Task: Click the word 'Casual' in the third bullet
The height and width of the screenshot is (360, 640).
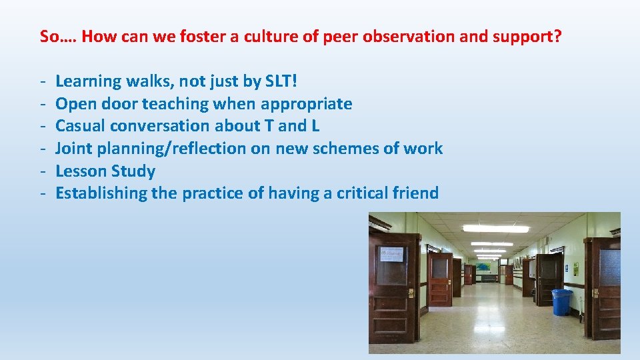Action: coord(80,126)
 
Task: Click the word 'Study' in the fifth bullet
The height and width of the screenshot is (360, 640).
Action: coord(136,171)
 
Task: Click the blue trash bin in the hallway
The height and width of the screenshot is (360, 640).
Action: coord(561,302)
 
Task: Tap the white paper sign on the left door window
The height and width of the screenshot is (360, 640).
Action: coord(392,255)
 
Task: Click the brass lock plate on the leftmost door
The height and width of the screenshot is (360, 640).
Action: coord(411,293)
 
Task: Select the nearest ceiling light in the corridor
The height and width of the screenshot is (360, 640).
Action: coord(495,229)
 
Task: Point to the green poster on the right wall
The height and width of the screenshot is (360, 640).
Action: coord(576,268)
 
